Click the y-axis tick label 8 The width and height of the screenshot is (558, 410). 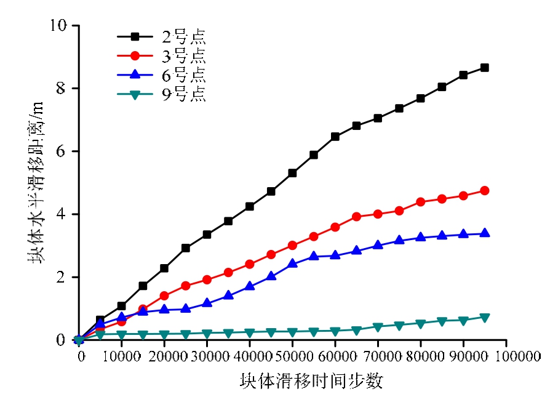[x=63, y=89]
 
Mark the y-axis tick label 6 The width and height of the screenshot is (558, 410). [x=63, y=151]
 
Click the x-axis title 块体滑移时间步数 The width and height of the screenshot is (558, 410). [x=311, y=382]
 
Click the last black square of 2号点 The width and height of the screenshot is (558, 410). [x=485, y=68]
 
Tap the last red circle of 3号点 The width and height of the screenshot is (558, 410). [x=485, y=191]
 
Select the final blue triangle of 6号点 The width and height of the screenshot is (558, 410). [x=485, y=233]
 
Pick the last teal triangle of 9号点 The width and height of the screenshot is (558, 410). [x=485, y=318]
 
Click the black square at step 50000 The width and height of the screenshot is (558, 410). [x=292, y=173]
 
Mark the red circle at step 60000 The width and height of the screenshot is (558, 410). [x=335, y=227]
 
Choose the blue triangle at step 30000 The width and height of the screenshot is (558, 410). [x=207, y=303]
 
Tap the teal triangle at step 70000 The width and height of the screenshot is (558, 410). [x=378, y=327]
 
